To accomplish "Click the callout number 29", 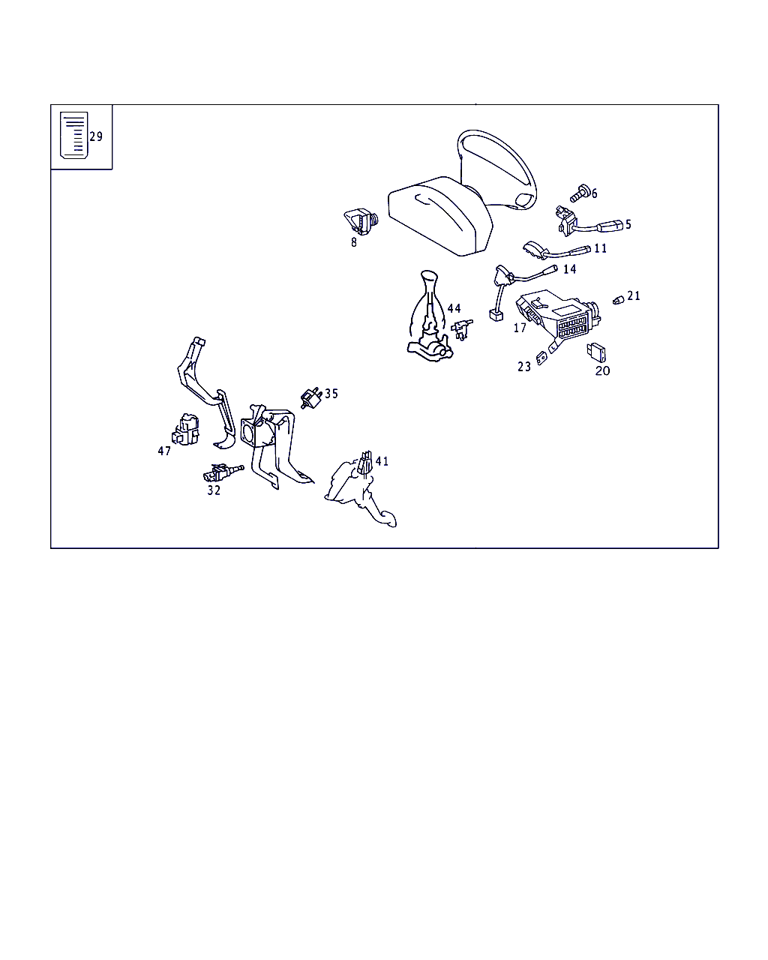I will tap(96, 136).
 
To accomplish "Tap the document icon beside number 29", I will tap(73, 136).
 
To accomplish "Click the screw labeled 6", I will tap(578, 193).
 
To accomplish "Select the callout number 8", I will tap(354, 242).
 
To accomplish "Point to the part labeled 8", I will tap(361, 222).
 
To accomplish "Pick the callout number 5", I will tap(628, 224).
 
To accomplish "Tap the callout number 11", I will tap(600, 248).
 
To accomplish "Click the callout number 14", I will tap(570, 269).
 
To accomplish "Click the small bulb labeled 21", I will tap(618, 300).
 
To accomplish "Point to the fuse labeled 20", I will tap(598, 352).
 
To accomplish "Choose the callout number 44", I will tap(454, 308).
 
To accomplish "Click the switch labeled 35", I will tap(310, 397).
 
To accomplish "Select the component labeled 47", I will tap(185, 429).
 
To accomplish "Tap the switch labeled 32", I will tap(219, 473).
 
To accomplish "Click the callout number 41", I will tap(382, 461).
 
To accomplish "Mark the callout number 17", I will tap(520, 328).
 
